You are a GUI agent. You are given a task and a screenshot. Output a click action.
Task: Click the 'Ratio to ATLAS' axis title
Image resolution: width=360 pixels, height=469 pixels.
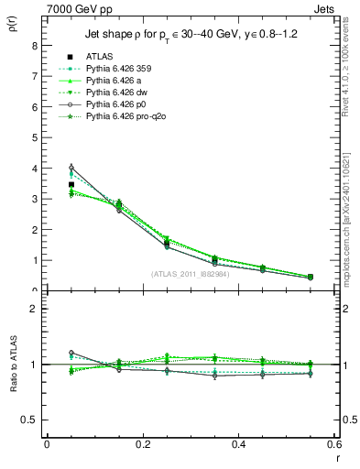tap(12, 363)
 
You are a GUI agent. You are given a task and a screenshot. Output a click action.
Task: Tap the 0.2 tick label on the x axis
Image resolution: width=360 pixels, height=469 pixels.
tap(142, 444)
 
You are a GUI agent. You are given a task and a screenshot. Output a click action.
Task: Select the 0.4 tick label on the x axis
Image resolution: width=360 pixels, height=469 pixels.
tap(238, 444)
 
